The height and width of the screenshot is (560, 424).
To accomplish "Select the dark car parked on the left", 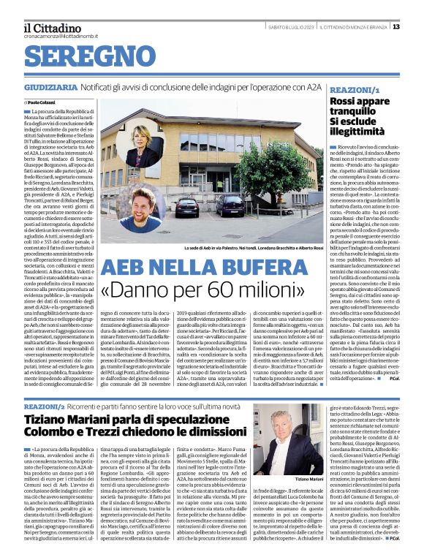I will (186, 207).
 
